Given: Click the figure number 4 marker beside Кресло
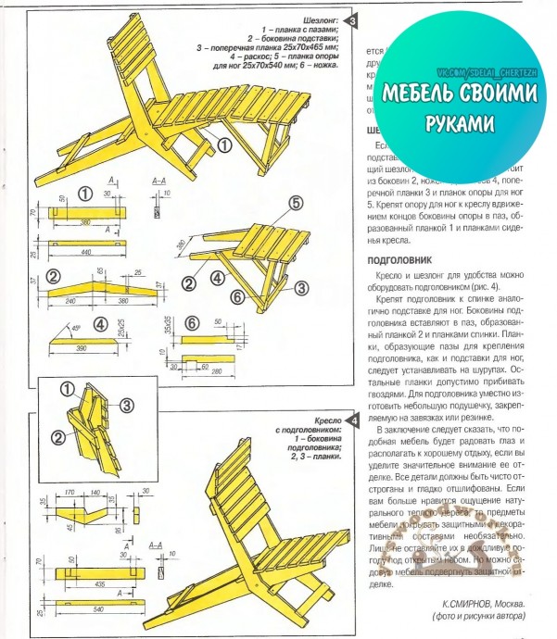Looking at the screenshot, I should tap(351, 422).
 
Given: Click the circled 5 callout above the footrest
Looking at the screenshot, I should tap(295, 203).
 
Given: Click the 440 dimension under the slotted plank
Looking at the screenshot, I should tap(86, 251).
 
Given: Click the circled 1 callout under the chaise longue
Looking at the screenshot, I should tap(223, 144).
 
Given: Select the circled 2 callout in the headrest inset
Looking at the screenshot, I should tap(58, 436).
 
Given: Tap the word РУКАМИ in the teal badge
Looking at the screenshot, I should tap(461, 122).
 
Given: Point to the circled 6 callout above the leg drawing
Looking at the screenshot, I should tap(191, 323).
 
